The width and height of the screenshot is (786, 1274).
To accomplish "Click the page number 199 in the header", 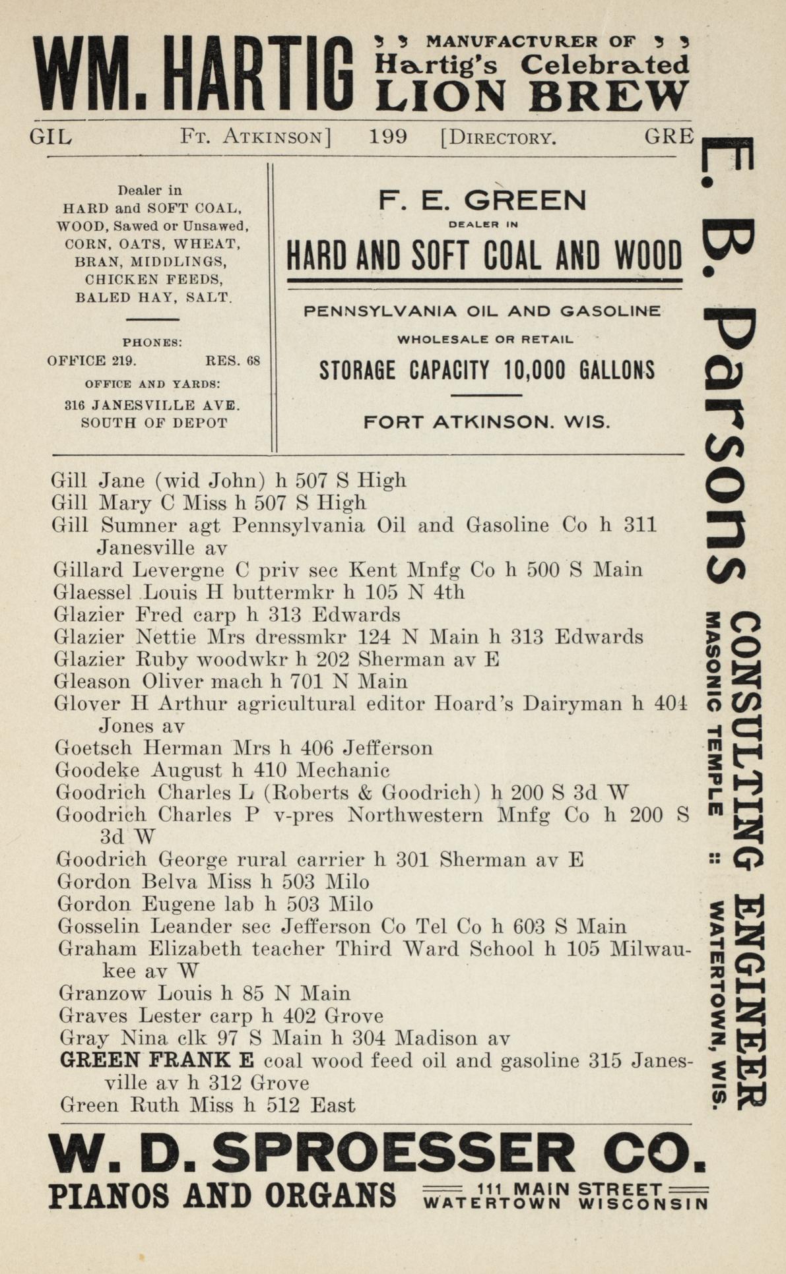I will (388, 137).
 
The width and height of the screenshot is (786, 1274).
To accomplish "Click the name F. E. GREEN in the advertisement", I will (482, 200).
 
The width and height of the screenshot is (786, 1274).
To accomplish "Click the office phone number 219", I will (123, 361).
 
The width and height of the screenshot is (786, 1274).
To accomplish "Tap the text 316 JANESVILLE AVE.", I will (152, 405).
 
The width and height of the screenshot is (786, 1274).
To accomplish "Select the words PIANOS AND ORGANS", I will (222, 1196).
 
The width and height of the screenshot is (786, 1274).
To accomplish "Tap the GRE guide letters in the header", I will (669, 136).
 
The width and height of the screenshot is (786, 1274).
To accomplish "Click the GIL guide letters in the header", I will (51, 137).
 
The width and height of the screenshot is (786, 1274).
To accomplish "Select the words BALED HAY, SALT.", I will (154, 297).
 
